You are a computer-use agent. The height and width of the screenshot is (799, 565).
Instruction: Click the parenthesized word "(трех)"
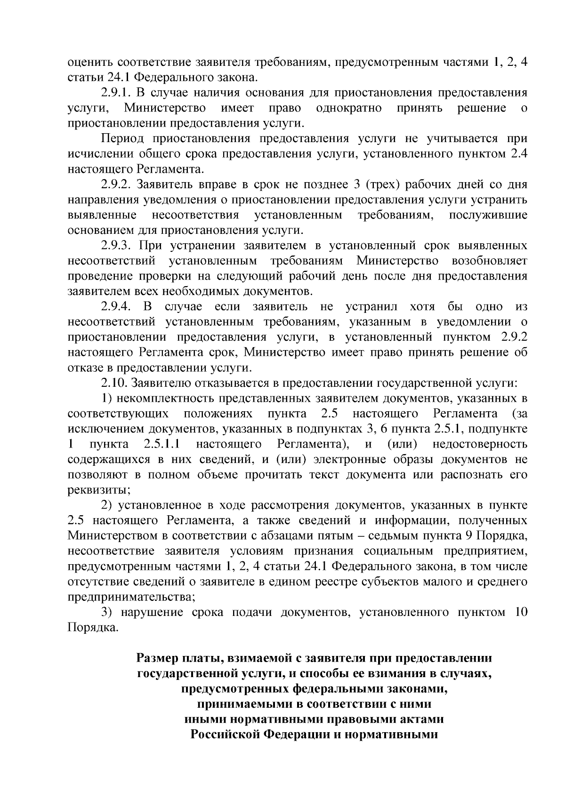pos(385,184)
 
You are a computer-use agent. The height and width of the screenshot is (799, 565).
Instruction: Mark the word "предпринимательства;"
pos(131,598)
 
